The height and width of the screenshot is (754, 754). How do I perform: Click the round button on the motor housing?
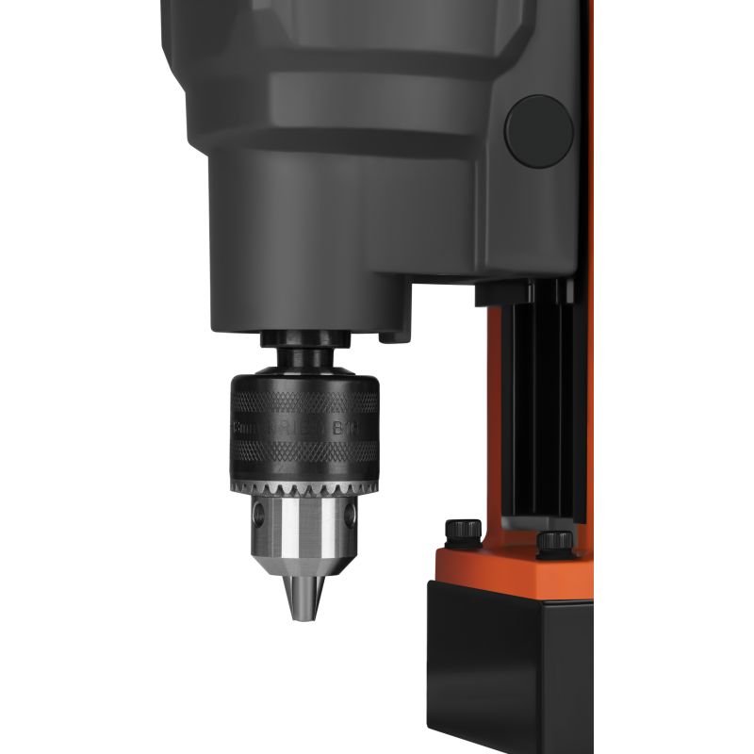(538, 131)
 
